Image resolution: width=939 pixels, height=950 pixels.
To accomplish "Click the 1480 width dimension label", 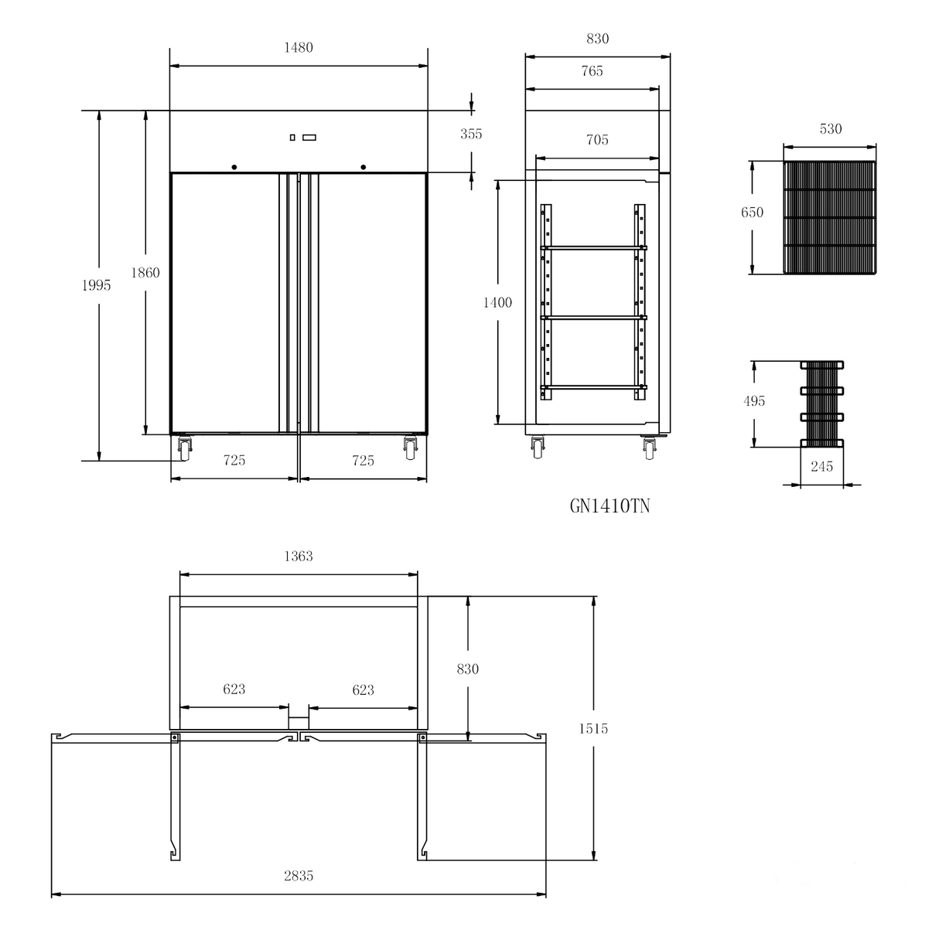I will (298, 48).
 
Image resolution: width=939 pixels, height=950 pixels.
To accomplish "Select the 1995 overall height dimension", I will (97, 285).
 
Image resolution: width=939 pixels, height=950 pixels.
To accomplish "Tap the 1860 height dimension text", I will (145, 272).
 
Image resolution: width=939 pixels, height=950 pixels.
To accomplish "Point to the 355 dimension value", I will (470, 134).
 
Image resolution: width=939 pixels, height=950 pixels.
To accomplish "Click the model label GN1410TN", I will (610, 506).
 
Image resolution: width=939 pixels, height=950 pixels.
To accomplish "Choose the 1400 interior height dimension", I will (497, 303).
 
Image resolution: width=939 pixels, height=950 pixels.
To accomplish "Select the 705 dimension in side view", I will (597, 140).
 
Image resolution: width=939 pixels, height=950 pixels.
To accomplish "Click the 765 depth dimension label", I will (592, 72).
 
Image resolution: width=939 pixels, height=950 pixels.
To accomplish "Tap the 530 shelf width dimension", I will (830, 129).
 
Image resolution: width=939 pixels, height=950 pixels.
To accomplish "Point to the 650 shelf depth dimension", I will (752, 213).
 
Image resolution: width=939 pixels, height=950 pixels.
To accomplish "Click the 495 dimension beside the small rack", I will (753, 401).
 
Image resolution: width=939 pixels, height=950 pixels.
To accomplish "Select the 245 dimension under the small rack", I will (821, 467).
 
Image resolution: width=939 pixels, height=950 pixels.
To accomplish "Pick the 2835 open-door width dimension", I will (299, 876).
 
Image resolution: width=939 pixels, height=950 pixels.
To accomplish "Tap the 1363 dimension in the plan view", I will (298, 556).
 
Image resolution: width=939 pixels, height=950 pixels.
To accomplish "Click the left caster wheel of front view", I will (185, 448).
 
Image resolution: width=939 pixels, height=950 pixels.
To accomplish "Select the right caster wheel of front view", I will (410, 448).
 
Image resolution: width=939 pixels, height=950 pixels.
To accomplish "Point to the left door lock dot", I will (234, 166).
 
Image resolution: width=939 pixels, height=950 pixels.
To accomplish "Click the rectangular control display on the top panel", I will (309, 138).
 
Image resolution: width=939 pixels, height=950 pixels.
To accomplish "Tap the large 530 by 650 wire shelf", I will (830, 217).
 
